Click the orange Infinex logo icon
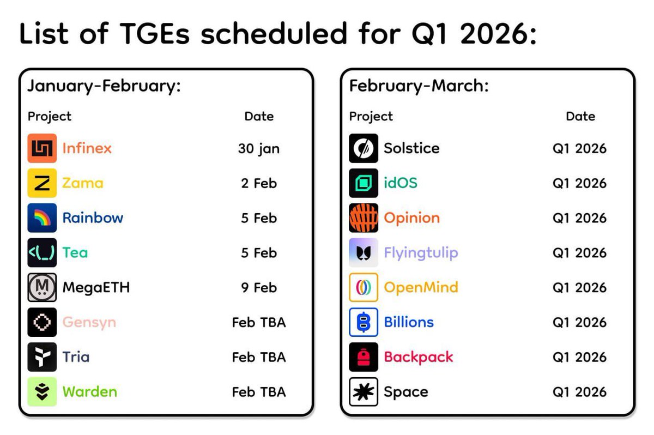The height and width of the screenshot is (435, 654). click(42, 148)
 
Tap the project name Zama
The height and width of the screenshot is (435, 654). click(83, 183)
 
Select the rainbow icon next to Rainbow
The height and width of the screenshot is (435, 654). click(42, 218)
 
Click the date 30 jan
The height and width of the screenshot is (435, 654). click(259, 149)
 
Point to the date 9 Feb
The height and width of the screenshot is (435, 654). click(259, 288)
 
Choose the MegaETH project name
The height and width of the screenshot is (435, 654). click(96, 287)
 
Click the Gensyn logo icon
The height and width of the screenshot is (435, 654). click(42, 322)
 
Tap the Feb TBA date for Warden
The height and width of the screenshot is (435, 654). click(259, 392)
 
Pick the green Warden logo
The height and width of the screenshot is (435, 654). click(42, 391)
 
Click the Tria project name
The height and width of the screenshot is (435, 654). click(76, 357)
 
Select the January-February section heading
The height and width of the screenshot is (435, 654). click(104, 86)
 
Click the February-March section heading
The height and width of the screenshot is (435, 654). click(419, 86)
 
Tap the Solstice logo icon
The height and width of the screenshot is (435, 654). click(364, 148)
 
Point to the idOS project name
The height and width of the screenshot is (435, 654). click(401, 183)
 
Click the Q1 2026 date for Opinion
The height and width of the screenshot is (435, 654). click(579, 218)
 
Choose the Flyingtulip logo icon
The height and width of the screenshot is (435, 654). click(364, 252)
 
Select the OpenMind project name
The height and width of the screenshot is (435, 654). click(421, 288)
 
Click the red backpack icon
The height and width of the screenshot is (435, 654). click(364, 357)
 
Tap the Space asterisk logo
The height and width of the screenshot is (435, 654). click(364, 391)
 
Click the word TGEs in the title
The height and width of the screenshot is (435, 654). click(155, 34)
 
